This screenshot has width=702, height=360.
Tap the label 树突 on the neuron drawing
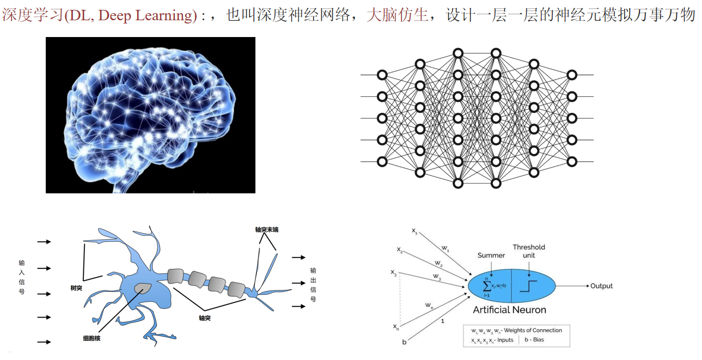76,288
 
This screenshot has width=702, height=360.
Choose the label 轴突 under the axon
205,318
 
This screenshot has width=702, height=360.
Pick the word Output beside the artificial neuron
601,286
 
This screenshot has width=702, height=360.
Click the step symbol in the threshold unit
528,285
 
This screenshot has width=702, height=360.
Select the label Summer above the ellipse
491,255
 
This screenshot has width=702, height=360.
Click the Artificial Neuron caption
509,310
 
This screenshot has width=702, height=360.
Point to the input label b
404,341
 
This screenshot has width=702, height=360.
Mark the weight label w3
437,277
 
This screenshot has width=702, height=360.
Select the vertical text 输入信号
22,277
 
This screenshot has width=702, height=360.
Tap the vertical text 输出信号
313,285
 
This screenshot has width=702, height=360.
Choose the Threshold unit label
529,251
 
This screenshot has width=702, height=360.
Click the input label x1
414,231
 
